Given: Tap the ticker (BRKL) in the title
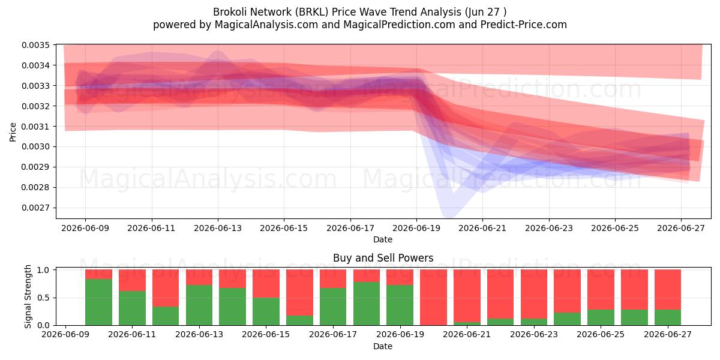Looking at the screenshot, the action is pyautogui.click(x=310, y=12).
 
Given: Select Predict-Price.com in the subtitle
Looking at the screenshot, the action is pyautogui.click(x=524, y=25).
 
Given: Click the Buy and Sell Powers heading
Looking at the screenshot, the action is pyautogui.click(x=383, y=258).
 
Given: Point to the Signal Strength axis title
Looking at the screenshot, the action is pyautogui.click(x=28, y=296).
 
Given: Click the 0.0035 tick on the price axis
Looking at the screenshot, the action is pyautogui.click(x=35, y=45).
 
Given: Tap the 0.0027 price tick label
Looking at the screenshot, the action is pyautogui.click(x=35, y=208).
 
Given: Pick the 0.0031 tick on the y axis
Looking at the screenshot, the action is pyautogui.click(x=35, y=127).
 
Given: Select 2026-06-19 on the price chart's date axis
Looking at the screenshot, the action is pyautogui.click(x=416, y=228).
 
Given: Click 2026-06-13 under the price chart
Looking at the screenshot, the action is pyautogui.click(x=218, y=228).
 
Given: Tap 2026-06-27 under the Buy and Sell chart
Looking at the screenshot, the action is pyautogui.click(x=668, y=334).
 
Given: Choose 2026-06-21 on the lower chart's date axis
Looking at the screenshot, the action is pyautogui.click(x=467, y=334).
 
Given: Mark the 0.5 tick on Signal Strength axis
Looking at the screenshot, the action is pyautogui.click(x=43, y=298).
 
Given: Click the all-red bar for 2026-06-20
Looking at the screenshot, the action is pyautogui.click(x=433, y=298).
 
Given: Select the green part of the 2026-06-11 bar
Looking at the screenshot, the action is pyautogui.click(x=132, y=308).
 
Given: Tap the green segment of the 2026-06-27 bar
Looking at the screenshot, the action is pyautogui.click(x=668, y=317).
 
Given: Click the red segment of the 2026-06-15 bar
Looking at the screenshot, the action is pyautogui.click(x=266, y=283).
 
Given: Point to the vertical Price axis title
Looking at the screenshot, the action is pyautogui.click(x=13, y=132).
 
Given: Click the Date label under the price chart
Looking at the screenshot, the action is pyautogui.click(x=383, y=239).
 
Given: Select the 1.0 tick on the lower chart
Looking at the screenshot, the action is pyautogui.click(x=43, y=270).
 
